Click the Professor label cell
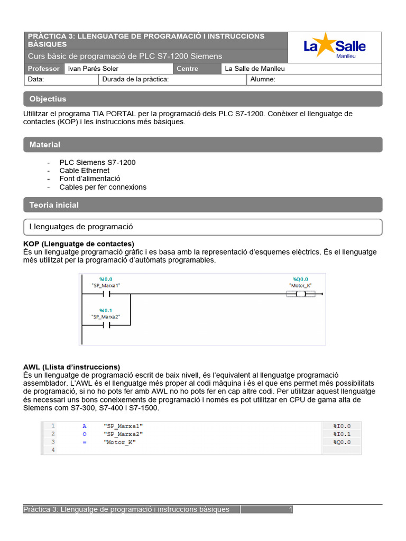[43, 69]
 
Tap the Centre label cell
[188, 69]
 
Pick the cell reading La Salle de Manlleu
[255, 69]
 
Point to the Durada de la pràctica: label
[135, 79]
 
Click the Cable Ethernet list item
[85, 171]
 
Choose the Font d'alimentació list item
[90, 179]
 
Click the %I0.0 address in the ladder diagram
[106, 279]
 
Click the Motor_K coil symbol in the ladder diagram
[301, 294]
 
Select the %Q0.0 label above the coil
[300, 279]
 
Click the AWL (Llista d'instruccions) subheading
[71, 367]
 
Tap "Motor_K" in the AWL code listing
[120, 442]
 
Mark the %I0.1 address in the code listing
[342, 434]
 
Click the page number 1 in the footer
[290, 509]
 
